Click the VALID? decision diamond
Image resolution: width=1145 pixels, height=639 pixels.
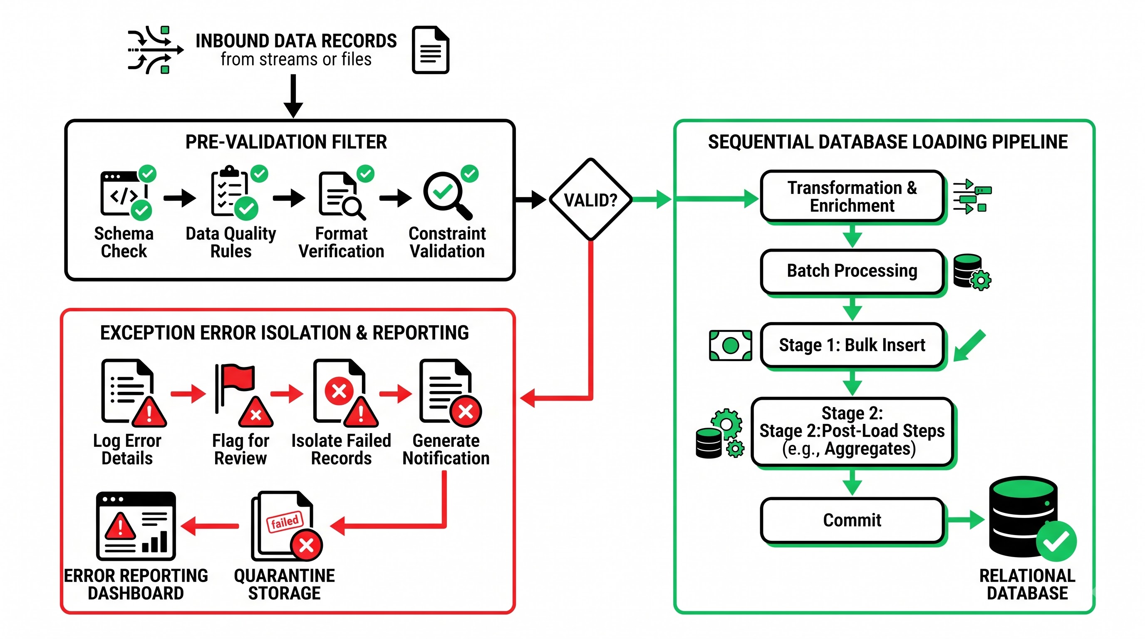tap(590, 200)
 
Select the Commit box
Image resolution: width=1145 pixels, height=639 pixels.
tap(852, 520)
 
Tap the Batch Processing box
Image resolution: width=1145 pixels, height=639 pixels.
tap(852, 271)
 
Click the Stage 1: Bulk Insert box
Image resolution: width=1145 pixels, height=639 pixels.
tap(852, 345)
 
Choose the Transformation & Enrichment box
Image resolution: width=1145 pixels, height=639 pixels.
tap(852, 196)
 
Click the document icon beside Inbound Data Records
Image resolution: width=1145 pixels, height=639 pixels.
tap(430, 50)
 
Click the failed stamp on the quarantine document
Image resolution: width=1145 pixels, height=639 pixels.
tap(285, 521)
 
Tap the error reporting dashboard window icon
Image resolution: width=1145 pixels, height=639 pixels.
tap(136, 526)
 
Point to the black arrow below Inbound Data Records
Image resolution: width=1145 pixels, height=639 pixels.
tap(293, 96)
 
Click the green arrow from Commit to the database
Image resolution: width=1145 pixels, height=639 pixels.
tap(965, 520)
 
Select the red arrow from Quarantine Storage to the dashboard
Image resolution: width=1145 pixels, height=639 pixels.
tap(209, 526)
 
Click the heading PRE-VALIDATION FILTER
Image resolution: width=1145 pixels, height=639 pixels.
tap(286, 142)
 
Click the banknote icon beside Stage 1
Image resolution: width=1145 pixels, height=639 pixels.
tap(730, 345)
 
